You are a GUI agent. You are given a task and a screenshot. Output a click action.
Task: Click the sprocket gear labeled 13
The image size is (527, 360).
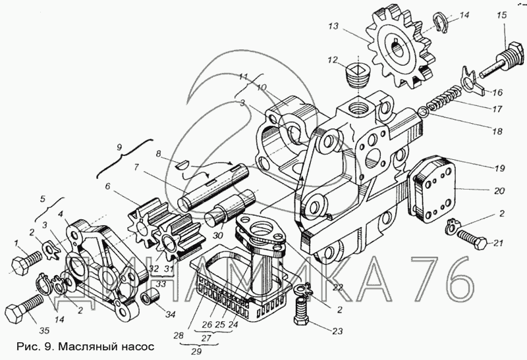399,47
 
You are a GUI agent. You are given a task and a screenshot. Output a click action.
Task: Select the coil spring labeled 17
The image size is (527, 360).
443,99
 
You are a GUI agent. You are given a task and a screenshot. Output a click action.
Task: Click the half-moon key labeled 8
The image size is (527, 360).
184,165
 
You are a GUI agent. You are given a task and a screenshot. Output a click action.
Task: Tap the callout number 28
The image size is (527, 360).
179,334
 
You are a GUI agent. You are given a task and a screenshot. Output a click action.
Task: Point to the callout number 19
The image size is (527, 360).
500,167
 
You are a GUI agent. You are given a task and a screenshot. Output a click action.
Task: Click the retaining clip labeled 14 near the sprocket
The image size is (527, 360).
441,22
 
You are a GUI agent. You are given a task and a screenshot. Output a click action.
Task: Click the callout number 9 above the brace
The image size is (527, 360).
119,147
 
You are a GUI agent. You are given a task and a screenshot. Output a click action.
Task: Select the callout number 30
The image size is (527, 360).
218,235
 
